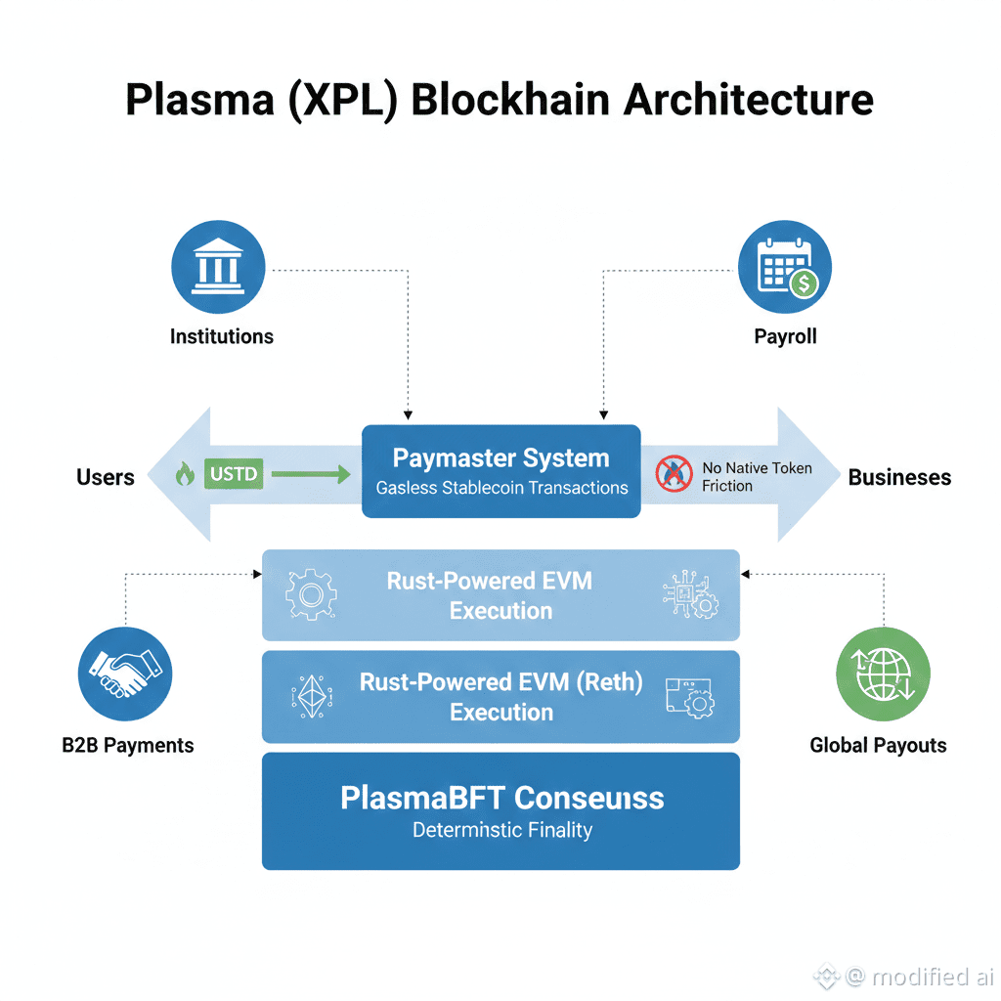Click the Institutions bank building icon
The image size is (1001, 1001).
[x=218, y=266]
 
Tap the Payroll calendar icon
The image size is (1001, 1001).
[x=784, y=266]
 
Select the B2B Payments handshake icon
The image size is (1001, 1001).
[x=125, y=675]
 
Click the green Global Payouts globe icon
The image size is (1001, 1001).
[x=883, y=675]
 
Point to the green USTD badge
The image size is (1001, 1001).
[x=234, y=475]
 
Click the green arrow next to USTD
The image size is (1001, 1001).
[x=310, y=475]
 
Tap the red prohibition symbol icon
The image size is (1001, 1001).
[x=675, y=474]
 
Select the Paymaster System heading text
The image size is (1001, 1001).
[x=500, y=458]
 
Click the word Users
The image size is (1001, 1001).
[x=106, y=477]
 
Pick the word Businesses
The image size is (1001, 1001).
[x=899, y=477]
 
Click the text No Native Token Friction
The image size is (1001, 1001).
[x=756, y=477]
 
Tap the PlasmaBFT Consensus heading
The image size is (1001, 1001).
[x=501, y=798]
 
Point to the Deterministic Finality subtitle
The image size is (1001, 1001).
[x=501, y=831]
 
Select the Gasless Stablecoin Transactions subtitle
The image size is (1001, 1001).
[x=501, y=488]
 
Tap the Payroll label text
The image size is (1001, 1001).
[x=785, y=336]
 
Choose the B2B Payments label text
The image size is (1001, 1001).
[x=127, y=745]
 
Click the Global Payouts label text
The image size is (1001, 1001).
[x=878, y=745]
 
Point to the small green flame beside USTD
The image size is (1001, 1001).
[x=184, y=475]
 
